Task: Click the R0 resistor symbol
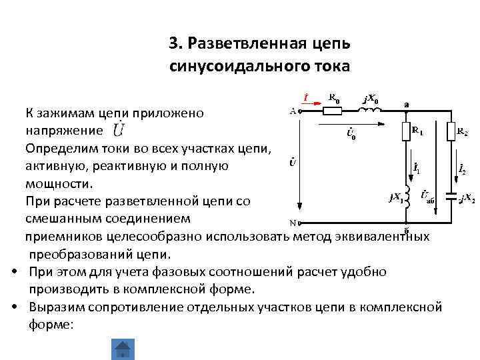point(335,112)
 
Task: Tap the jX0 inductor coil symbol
point(371,112)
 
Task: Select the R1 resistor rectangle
point(405,131)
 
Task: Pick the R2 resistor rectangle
point(453,131)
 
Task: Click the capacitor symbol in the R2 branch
point(453,198)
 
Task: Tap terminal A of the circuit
point(299,112)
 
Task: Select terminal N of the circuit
point(299,223)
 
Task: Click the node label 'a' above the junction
point(406,103)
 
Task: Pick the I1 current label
point(416,170)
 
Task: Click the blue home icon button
point(123,350)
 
